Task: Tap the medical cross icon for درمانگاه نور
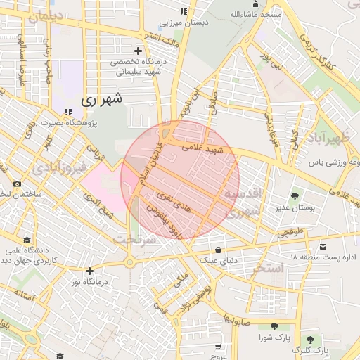pos(89,271)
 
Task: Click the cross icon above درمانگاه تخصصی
pos(138,51)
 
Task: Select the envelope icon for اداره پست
pos(323,246)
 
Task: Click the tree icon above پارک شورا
pos(274,326)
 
